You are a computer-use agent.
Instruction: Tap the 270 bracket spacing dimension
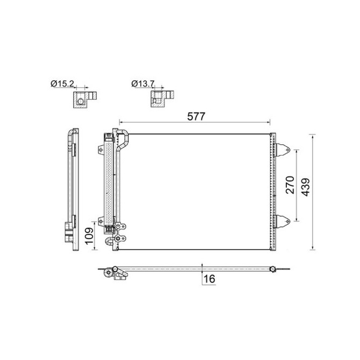click(x=289, y=184)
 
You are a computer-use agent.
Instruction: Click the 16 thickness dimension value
click(x=209, y=278)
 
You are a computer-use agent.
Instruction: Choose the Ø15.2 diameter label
click(x=62, y=84)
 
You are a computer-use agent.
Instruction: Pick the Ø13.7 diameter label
click(x=143, y=84)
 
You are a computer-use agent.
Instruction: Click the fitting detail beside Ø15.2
click(x=83, y=99)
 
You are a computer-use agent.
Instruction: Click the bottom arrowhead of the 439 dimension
click(x=313, y=249)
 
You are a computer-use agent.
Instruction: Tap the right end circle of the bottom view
click(x=273, y=269)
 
